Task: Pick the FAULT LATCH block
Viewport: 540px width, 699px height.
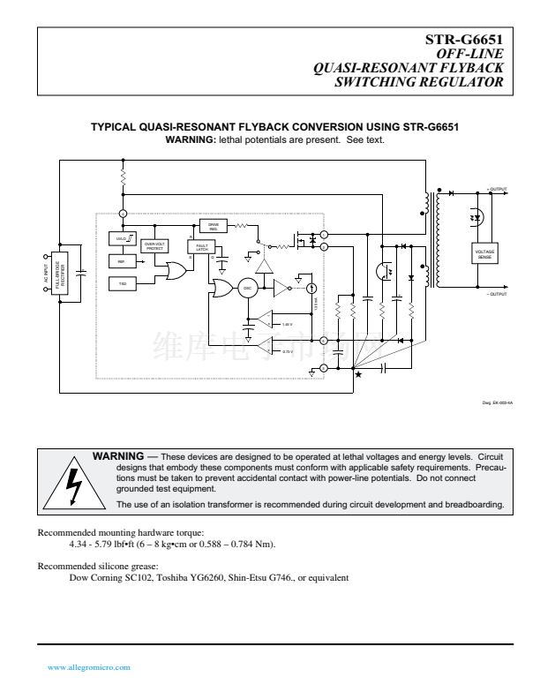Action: (202, 248)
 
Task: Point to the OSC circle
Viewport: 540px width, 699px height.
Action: (248, 288)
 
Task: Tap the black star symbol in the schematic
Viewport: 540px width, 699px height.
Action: (357, 374)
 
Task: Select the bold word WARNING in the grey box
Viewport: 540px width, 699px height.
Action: (118, 455)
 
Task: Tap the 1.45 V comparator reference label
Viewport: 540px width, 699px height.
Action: (286, 325)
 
